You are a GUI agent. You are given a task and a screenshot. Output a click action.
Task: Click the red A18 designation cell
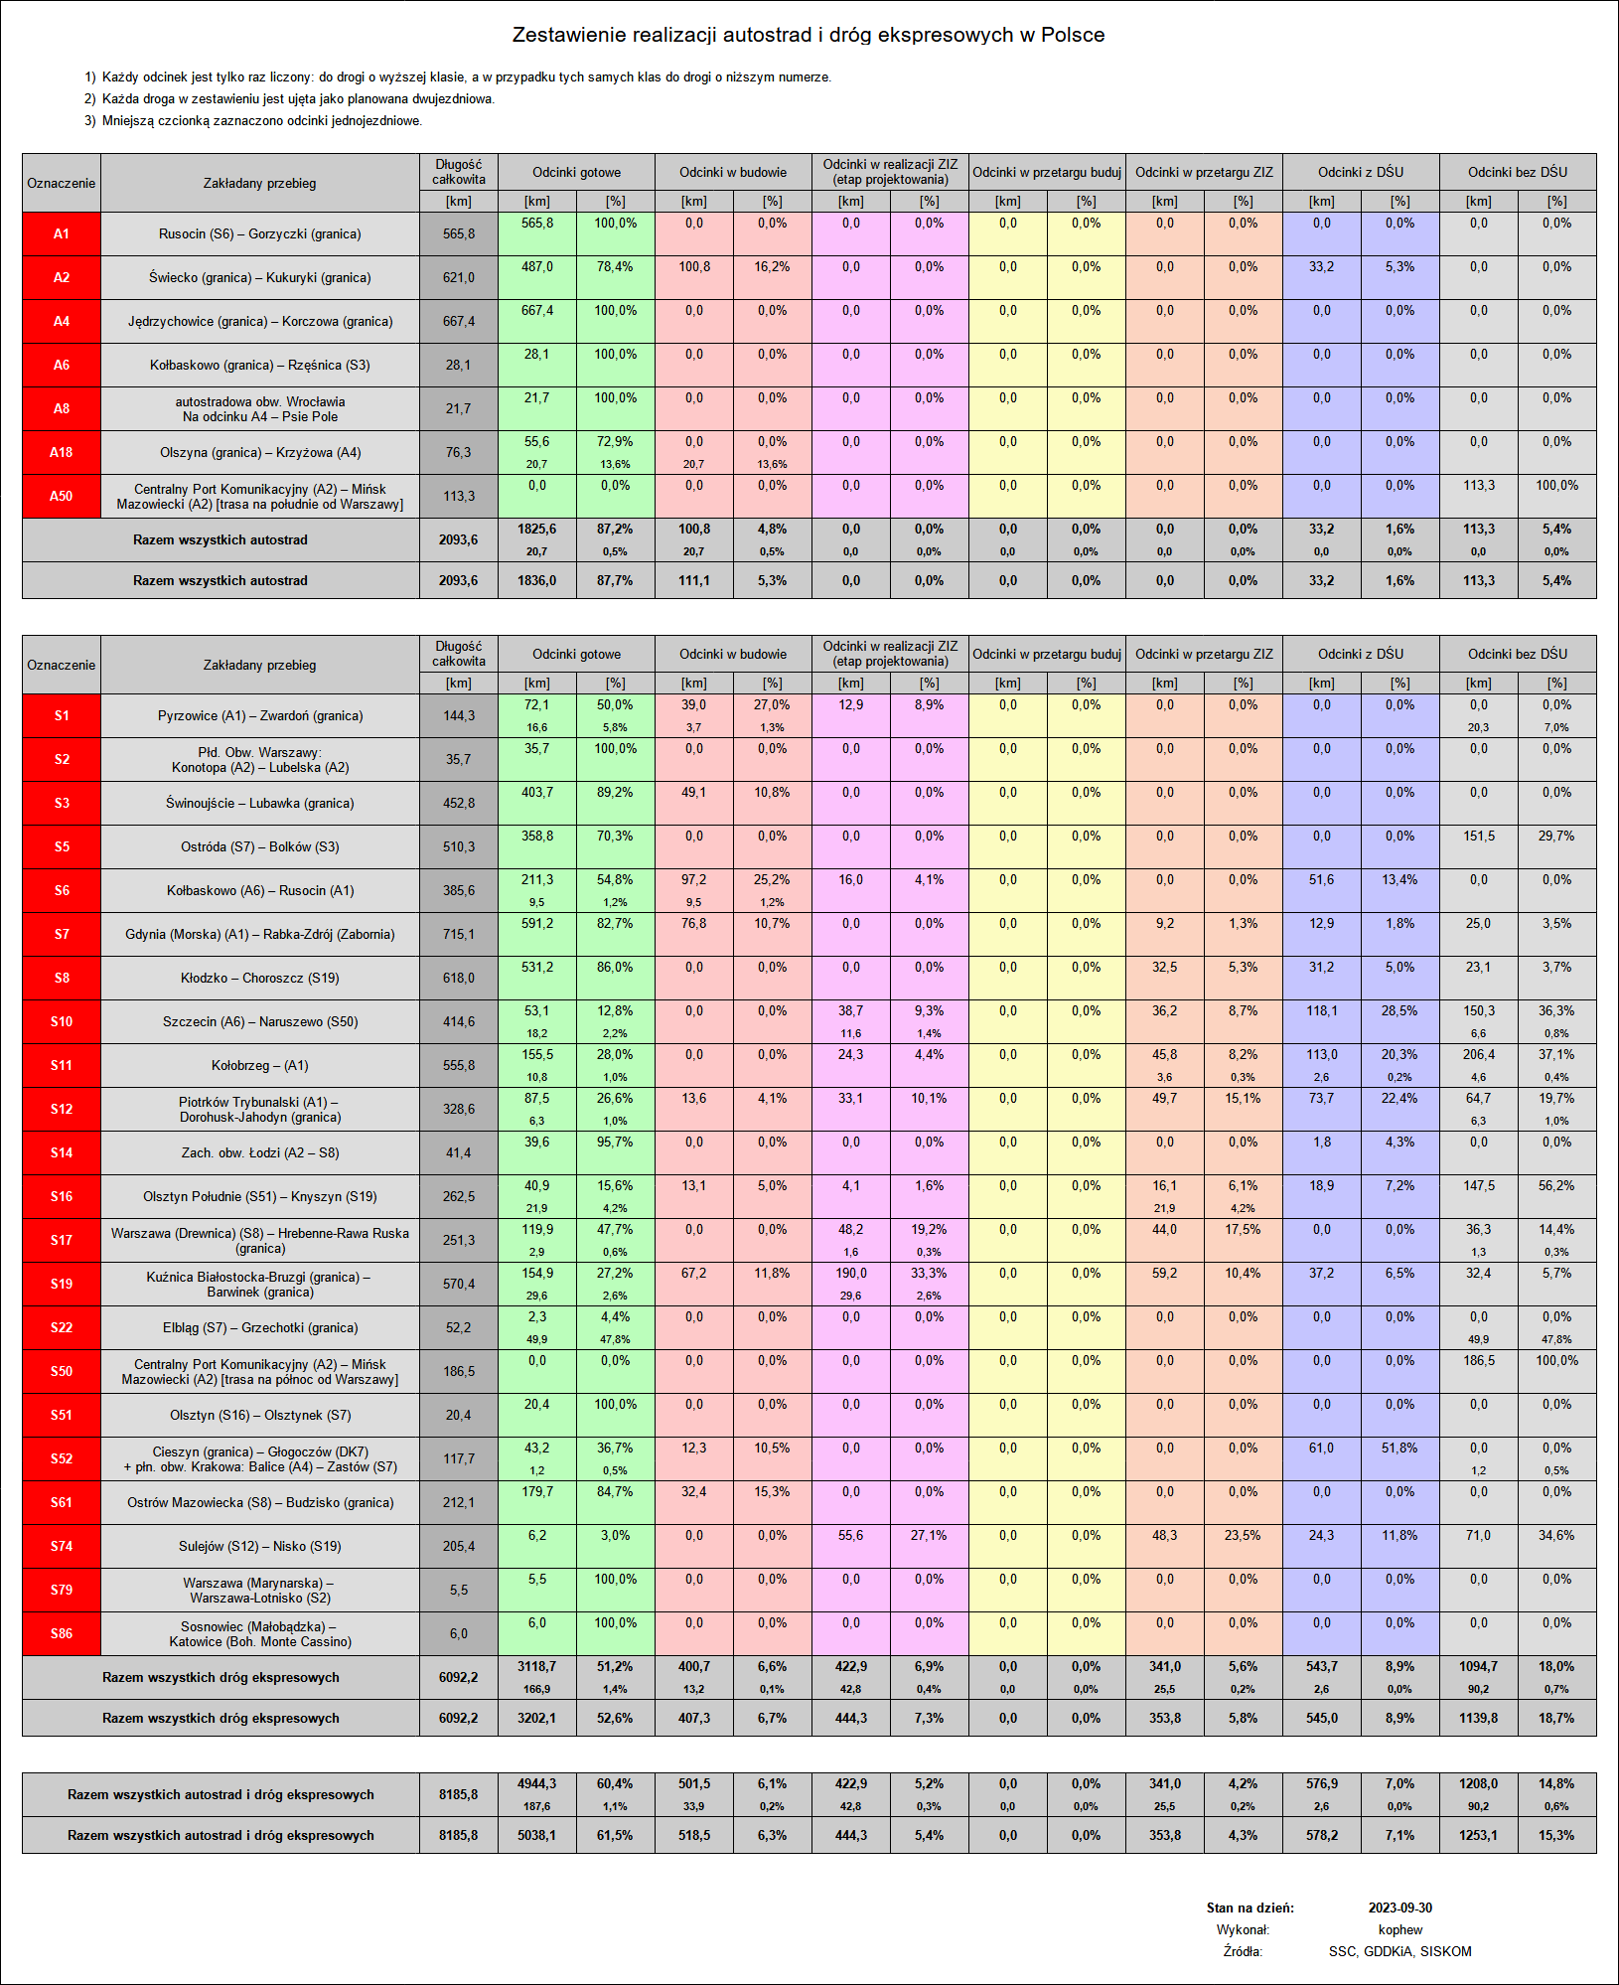click(x=62, y=452)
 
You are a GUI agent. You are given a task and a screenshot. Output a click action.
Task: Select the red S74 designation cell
click(x=62, y=1546)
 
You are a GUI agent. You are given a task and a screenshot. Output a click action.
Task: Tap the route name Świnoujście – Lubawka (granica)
click(x=260, y=803)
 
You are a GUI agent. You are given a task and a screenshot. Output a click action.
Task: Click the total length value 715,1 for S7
click(x=458, y=934)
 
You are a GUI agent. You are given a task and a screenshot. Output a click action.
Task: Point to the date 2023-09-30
click(x=1399, y=1908)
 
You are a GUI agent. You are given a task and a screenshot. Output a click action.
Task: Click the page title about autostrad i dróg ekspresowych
click(x=808, y=35)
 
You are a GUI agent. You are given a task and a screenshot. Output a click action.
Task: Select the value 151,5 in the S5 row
click(x=1478, y=837)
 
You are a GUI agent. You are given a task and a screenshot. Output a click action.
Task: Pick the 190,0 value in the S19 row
click(x=850, y=1274)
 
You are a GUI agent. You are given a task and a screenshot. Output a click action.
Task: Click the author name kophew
click(x=1400, y=1929)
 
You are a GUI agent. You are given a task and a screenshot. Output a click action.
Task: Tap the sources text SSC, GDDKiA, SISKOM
click(x=1399, y=1951)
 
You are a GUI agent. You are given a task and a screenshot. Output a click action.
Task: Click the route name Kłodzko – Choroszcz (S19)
click(x=260, y=978)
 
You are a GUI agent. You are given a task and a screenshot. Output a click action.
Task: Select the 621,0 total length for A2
click(x=458, y=277)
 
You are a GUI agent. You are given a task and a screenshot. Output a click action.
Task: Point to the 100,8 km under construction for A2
click(x=694, y=267)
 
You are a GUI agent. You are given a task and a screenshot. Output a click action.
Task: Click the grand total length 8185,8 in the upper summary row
click(x=458, y=1794)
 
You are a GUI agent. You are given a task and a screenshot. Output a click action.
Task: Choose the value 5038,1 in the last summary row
click(x=536, y=1835)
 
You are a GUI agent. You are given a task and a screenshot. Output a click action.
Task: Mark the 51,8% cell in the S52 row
click(x=1399, y=1449)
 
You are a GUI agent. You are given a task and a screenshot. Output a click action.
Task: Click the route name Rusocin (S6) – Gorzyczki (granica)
click(x=260, y=233)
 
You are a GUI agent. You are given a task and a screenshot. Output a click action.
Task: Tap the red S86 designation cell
click(x=62, y=1633)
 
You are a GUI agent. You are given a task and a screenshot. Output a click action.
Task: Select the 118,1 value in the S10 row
click(x=1321, y=1011)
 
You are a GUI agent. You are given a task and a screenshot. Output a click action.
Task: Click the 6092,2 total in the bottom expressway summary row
click(x=458, y=1718)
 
